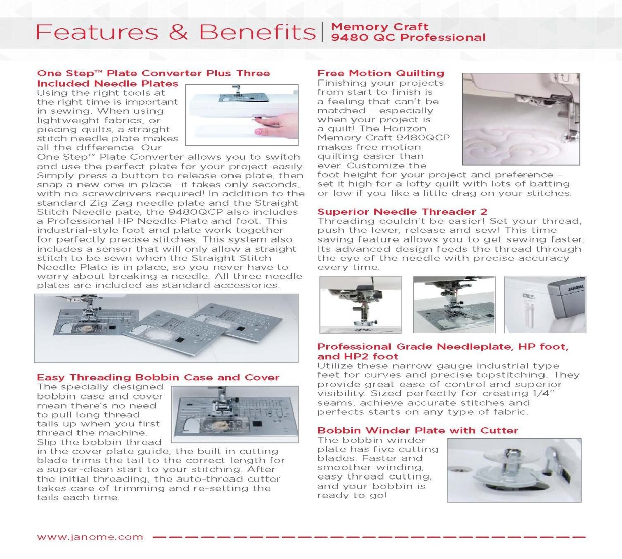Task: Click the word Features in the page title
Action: [97, 32]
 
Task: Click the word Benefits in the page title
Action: [257, 32]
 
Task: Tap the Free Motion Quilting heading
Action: [380, 73]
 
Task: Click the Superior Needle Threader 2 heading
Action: [402, 212]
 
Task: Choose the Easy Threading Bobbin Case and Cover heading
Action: [158, 377]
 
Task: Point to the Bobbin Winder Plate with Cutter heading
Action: [418, 431]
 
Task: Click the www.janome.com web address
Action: [90, 537]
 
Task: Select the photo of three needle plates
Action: [166, 328]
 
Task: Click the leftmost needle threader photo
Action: [360, 304]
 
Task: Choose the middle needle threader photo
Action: [454, 304]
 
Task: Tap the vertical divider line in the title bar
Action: [323, 32]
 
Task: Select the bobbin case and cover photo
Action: [235, 414]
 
